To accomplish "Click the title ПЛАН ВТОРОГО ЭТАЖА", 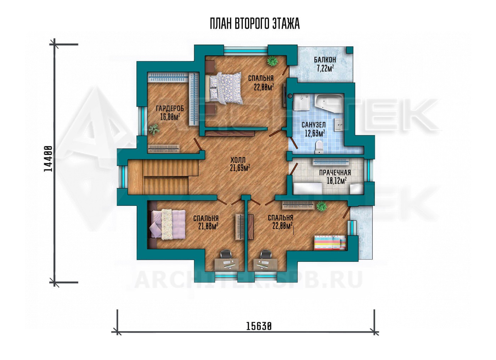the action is [255, 24].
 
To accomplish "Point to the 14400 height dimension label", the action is [48, 159].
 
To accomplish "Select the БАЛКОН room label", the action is [325, 60].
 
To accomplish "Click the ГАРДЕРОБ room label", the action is [170, 108].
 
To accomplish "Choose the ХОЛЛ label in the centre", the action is [238, 160].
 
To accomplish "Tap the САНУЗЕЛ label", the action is [314, 125].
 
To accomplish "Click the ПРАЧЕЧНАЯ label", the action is [335, 173].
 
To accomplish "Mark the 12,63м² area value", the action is [315, 133].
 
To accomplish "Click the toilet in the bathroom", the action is [319, 147].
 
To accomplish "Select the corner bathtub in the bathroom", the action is [329, 103].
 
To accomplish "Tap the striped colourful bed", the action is [330, 243].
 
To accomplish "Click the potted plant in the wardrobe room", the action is [154, 130].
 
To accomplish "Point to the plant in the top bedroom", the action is [272, 61].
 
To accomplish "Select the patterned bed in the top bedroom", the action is [224, 89].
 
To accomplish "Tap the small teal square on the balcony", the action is [350, 50].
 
